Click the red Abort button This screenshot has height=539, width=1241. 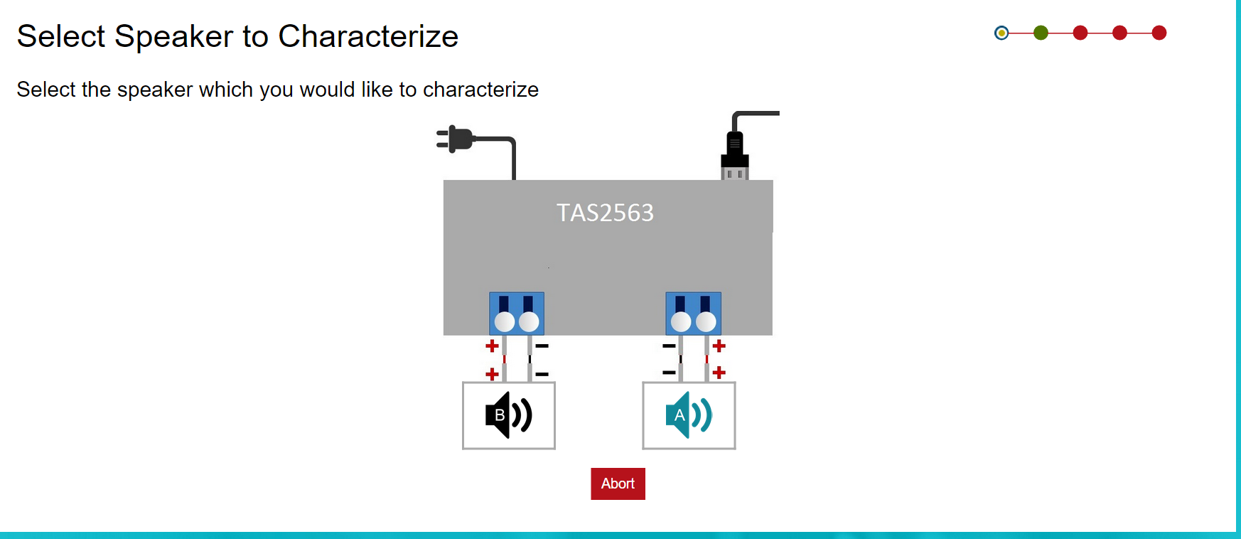(x=618, y=484)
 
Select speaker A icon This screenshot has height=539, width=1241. (x=688, y=415)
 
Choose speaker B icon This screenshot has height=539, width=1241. (x=508, y=415)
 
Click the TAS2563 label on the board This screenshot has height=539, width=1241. (x=605, y=213)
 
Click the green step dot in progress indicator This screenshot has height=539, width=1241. (x=1041, y=33)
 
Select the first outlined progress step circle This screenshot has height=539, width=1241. (x=1001, y=33)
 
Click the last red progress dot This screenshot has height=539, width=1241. (x=1159, y=33)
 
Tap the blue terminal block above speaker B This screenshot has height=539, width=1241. (x=517, y=314)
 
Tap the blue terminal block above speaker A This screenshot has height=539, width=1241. (x=693, y=314)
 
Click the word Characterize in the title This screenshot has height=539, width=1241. (x=368, y=36)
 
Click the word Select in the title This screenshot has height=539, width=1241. (x=61, y=36)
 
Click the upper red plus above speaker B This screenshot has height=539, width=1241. (x=492, y=346)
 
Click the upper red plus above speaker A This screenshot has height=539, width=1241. (x=719, y=346)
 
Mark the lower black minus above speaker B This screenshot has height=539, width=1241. (x=542, y=374)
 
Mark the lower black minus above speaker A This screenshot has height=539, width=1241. (x=669, y=373)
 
